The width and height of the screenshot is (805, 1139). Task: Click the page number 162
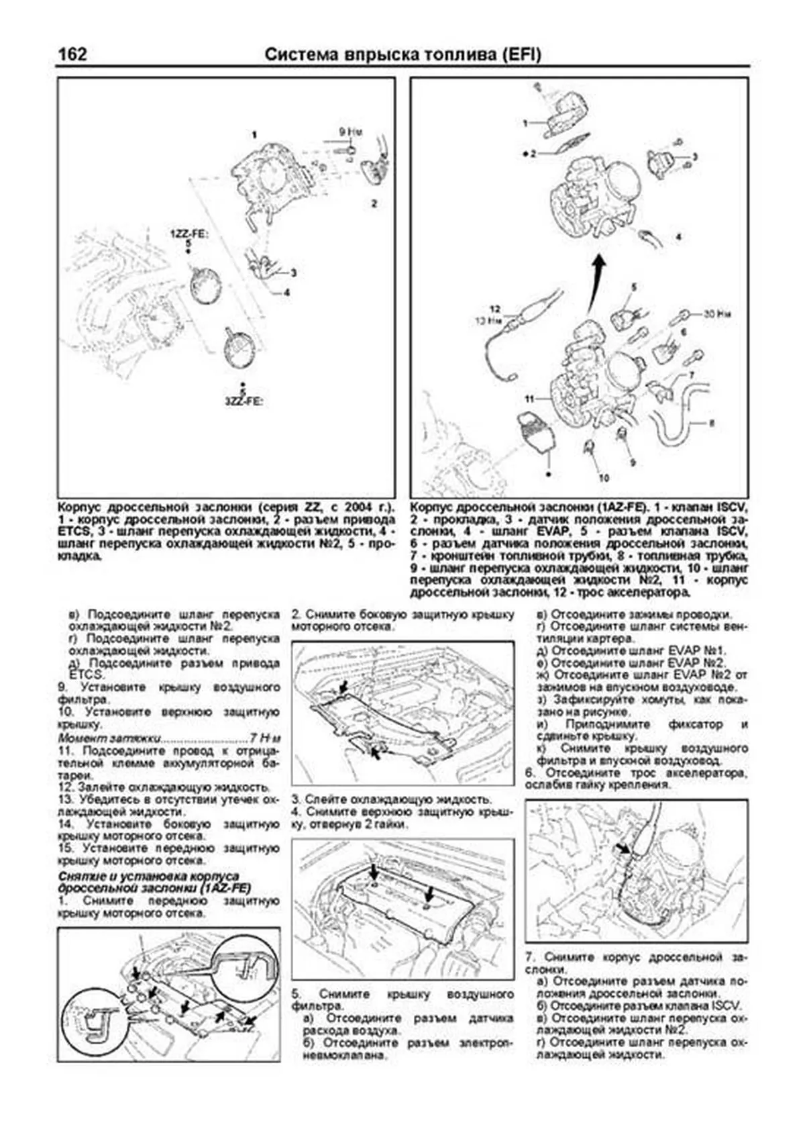(72, 54)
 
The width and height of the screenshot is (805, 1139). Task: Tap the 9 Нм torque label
(351, 132)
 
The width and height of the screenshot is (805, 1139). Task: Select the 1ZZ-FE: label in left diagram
(189, 234)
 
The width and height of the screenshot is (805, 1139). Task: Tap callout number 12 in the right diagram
(495, 309)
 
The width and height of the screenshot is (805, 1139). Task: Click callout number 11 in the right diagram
(529, 399)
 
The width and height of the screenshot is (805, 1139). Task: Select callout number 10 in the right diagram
(604, 478)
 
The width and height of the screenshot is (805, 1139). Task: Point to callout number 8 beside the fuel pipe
(712, 424)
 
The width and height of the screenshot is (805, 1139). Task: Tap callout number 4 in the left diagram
(286, 293)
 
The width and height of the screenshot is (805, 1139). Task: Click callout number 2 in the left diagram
(374, 203)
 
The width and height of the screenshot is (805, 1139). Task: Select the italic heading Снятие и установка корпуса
(149, 877)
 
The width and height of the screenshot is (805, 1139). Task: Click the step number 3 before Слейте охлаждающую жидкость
(295, 799)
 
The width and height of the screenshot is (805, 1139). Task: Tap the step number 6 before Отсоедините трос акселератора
(529, 773)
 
